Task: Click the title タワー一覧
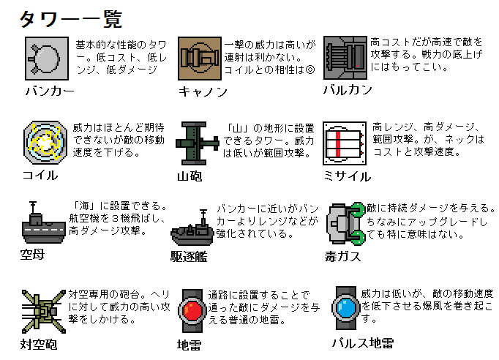(x=71, y=20)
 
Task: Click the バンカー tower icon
(x=47, y=59)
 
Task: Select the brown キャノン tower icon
(x=200, y=59)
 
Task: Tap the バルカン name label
(x=348, y=90)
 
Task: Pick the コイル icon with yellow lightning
(x=45, y=142)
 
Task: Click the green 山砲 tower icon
(x=198, y=143)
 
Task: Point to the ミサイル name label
(x=348, y=176)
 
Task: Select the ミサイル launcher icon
(x=345, y=143)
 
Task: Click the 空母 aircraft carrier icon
(x=43, y=223)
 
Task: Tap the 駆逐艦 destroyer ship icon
(x=192, y=228)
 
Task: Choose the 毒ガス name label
(x=342, y=256)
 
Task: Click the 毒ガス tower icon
(x=346, y=224)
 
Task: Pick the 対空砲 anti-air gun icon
(x=44, y=312)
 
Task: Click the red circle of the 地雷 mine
(x=192, y=311)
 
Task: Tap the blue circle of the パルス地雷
(x=346, y=308)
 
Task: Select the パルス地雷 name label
(x=362, y=343)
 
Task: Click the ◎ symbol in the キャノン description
(x=310, y=70)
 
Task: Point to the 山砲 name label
(x=190, y=176)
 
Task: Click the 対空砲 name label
(x=39, y=345)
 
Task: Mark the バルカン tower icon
(x=345, y=58)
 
